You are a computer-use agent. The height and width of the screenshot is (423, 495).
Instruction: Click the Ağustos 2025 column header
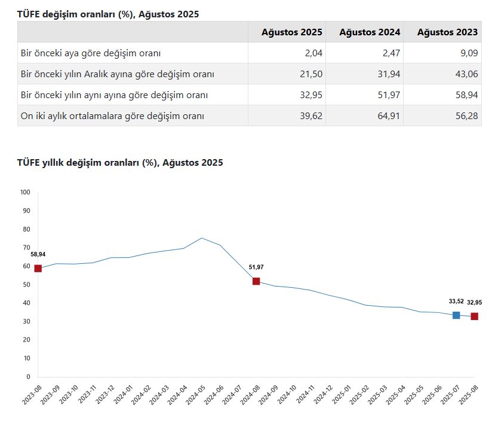point(291,32)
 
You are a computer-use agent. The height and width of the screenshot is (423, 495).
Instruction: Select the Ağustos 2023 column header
point(447,32)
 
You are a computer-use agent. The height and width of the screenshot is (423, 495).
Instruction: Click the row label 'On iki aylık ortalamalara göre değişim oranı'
point(112,116)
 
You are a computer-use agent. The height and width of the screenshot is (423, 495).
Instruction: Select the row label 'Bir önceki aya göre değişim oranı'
point(91,53)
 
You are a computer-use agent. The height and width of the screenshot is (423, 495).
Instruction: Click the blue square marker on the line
point(456,315)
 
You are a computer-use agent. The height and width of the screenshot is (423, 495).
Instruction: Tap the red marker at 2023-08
point(38,268)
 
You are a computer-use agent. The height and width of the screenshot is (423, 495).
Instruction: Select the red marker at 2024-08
point(256,281)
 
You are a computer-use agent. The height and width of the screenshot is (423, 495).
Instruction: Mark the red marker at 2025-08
point(474,316)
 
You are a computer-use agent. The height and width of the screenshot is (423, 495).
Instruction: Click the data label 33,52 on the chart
point(456,302)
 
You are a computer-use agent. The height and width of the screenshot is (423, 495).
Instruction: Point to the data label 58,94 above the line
point(38,254)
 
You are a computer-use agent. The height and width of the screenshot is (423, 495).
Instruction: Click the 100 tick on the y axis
point(24,192)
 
